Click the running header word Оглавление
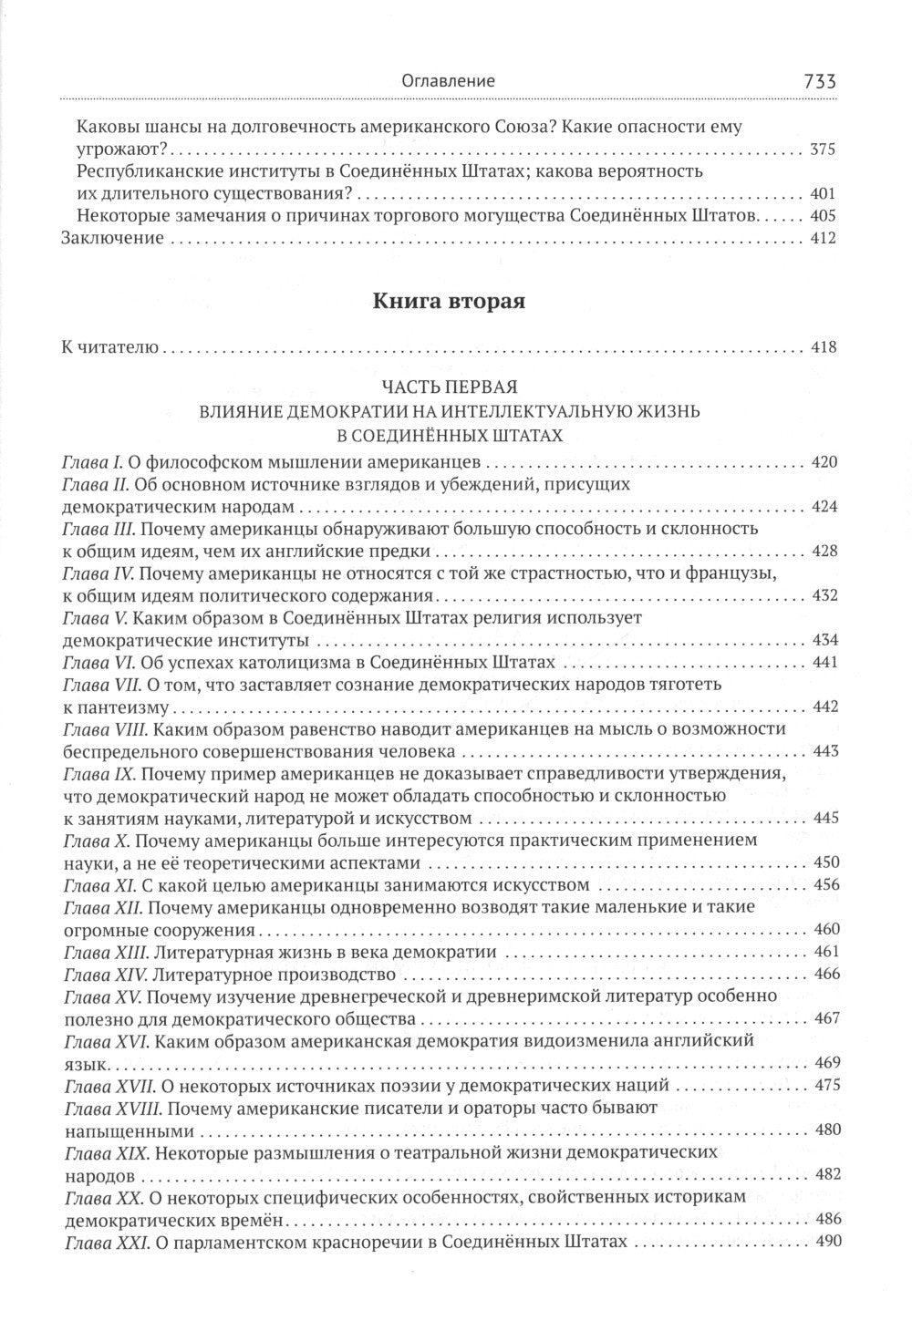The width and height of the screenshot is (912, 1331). (x=449, y=81)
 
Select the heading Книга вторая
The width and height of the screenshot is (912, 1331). (x=449, y=303)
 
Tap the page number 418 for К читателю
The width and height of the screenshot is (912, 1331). (x=824, y=347)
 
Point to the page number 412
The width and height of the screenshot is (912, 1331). (x=824, y=239)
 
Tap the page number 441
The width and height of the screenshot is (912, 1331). (x=824, y=662)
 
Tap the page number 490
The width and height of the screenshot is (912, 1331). (x=824, y=1242)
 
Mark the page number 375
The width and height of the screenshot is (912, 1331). (x=824, y=150)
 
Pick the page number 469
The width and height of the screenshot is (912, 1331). (x=824, y=1063)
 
